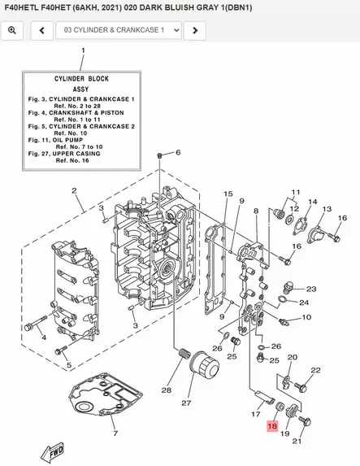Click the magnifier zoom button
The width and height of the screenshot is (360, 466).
pyautogui.click(x=12, y=30)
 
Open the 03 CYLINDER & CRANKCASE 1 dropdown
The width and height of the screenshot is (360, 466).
pyautogui.click(x=119, y=30)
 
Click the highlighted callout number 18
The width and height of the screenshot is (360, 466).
pyautogui.click(x=272, y=426)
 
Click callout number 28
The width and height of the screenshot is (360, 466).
pyautogui.click(x=166, y=390)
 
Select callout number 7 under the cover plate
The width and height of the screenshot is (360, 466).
pyautogui.click(x=115, y=433)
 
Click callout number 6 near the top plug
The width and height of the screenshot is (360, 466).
pyautogui.click(x=178, y=152)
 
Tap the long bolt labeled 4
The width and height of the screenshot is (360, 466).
pyautogui.click(x=36, y=323)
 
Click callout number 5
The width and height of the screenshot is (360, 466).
pyautogui.click(x=69, y=365)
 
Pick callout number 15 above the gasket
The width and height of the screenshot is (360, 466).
pyautogui.click(x=228, y=194)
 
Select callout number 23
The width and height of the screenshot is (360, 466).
pyautogui.click(x=311, y=289)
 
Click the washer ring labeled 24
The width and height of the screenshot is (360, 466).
pyautogui.click(x=283, y=299)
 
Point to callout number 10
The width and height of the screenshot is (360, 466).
pyautogui.click(x=306, y=317)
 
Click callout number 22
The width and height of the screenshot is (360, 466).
pyautogui.click(x=316, y=370)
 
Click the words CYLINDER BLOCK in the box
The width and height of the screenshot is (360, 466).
pyautogui.click(x=81, y=79)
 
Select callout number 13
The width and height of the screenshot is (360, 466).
pyautogui.click(x=327, y=209)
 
